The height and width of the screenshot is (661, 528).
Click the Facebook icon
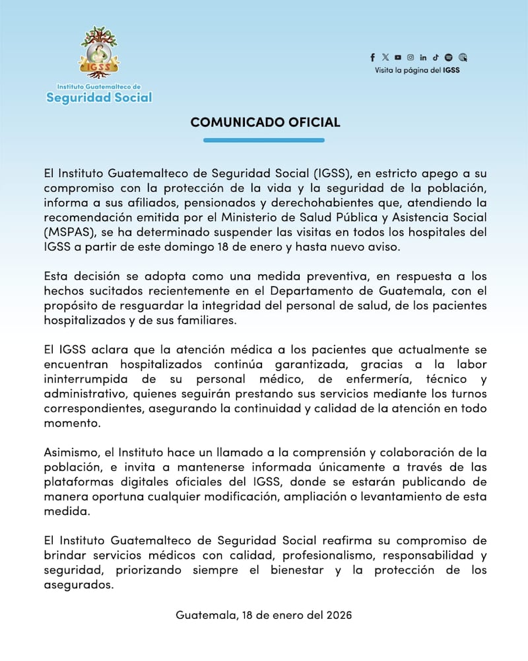[373, 58]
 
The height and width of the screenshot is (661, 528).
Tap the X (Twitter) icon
[385, 58]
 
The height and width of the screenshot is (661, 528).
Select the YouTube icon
[398, 58]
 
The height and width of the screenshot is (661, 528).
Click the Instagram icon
[411, 58]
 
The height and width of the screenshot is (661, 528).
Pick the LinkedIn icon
[423, 58]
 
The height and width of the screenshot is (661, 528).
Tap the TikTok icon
[436, 58]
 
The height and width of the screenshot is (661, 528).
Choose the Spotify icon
[449, 58]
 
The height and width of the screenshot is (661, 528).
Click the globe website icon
[463, 58]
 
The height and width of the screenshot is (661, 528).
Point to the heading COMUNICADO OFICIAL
[265, 122]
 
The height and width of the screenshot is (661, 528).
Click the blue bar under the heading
[264, 140]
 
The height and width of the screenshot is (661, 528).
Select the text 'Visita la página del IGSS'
[417, 69]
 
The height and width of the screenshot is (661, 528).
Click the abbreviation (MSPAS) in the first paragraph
[67, 232]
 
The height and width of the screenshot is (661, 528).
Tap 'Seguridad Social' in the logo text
[99, 98]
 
